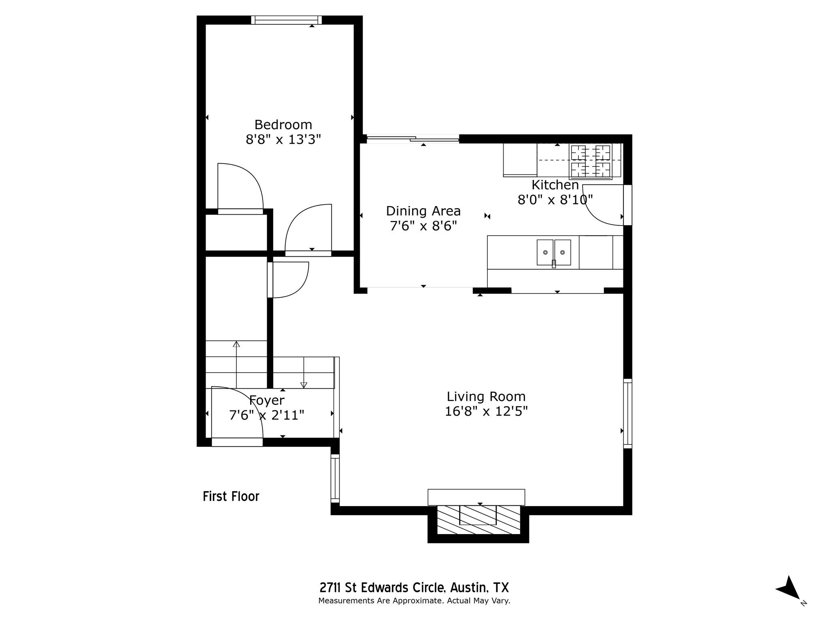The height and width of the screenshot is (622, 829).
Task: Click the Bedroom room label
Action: [283, 124]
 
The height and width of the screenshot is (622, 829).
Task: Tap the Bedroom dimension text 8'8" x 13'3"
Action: [283, 140]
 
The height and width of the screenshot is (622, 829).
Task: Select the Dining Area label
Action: [423, 211]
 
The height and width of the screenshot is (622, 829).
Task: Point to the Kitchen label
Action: [555, 185]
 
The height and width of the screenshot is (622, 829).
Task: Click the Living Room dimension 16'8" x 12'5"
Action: [486, 411]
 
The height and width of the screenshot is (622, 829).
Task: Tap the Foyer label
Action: [267, 400]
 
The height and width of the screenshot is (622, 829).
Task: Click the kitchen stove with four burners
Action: [590, 161]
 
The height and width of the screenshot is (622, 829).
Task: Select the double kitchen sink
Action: [554, 252]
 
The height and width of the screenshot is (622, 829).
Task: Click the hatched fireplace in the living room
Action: [478, 520]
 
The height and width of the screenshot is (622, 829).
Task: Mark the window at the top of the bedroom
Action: [286, 20]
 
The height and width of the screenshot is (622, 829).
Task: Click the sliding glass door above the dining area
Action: [413, 139]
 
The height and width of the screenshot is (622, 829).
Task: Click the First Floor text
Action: [231, 496]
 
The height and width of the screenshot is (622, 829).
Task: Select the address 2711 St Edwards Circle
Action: [414, 588]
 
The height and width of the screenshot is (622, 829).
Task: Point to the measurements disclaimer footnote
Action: [414, 601]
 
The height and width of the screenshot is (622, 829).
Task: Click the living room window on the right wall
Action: [627, 413]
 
